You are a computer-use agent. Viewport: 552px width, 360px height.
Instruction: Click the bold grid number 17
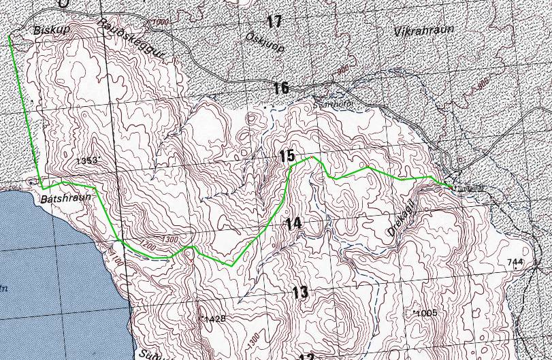click(274, 22)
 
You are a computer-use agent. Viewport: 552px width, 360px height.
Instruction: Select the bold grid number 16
click(281, 88)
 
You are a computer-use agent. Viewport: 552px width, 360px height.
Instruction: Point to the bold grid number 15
click(287, 157)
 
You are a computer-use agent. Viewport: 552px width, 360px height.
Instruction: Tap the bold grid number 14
click(293, 223)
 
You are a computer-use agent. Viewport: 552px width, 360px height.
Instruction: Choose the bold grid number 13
click(299, 293)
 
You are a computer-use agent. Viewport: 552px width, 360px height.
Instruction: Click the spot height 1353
click(88, 161)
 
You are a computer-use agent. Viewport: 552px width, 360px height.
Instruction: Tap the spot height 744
click(515, 263)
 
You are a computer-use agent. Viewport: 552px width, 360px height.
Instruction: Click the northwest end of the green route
click(10, 38)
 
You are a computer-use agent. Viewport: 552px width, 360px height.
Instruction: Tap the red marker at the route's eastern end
click(451, 186)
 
